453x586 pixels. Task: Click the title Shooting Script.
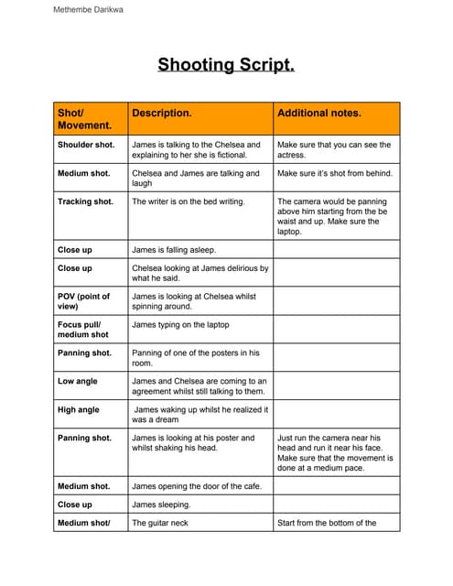[226, 65]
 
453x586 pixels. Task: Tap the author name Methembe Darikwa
[89, 10]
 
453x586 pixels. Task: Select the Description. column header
[162, 114]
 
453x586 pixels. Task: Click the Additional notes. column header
[319, 114]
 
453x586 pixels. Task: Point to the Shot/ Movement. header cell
[85, 119]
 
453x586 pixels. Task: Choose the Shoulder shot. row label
[86, 145]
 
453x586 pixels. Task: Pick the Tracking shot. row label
[85, 201]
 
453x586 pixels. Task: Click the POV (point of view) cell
[83, 301]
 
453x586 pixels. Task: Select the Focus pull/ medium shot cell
[82, 330]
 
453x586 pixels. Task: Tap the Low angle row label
[78, 381]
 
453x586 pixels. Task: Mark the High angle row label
[79, 410]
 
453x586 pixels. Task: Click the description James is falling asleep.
[174, 249]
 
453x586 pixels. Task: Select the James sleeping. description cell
[161, 505]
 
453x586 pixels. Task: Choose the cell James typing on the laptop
[180, 325]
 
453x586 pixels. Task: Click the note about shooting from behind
[334, 173]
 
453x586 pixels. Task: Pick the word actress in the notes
[292, 156]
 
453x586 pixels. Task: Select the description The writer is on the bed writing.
[189, 201]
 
